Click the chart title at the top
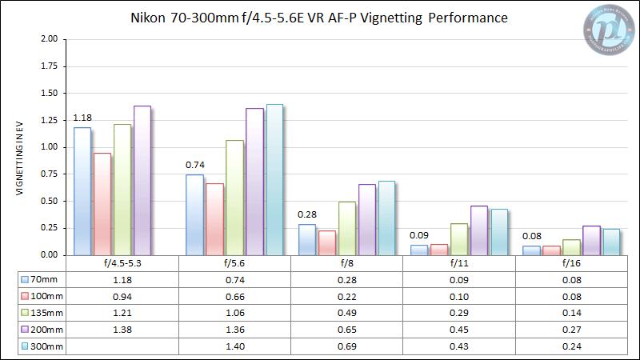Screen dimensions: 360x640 point(318,18)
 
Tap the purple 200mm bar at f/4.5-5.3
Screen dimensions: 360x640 point(142,180)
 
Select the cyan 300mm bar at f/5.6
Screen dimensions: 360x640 point(274,179)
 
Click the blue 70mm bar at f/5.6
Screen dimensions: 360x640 point(194,214)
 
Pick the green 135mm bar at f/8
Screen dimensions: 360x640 point(346,228)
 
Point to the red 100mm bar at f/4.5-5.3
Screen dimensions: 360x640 point(102,204)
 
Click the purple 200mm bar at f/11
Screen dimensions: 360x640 point(478,230)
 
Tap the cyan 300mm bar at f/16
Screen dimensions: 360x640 point(610,242)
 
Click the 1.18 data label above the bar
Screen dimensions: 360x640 point(82,118)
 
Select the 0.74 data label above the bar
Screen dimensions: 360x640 point(194,166)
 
